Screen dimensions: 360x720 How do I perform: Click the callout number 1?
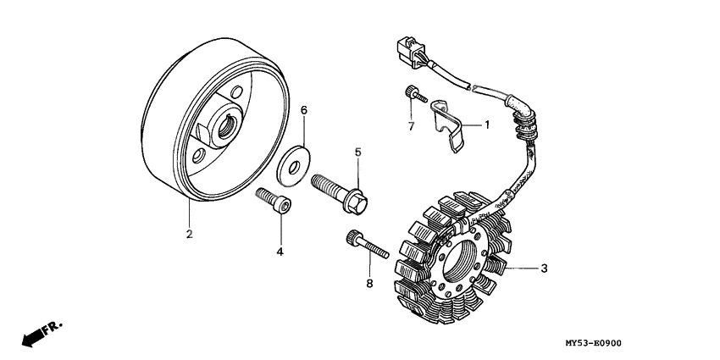click(x=487, y=125)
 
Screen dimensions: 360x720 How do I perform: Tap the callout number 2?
click(x=190, y=233)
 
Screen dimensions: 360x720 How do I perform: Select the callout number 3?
click(x=544, y=269)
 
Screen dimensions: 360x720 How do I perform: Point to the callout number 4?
click(x=280, y=252)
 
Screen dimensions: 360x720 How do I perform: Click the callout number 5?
click(x=357, y=152)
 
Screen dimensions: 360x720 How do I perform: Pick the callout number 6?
click(x=304, y=110)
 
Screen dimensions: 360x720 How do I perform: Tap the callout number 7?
click(x=411, y=126)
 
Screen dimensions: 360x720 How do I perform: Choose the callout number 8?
click(x=369, y=284)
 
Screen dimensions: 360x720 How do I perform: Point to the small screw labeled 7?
click(x=412, y=94)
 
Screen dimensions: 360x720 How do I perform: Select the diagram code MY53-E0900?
click(x=594, y=344)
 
